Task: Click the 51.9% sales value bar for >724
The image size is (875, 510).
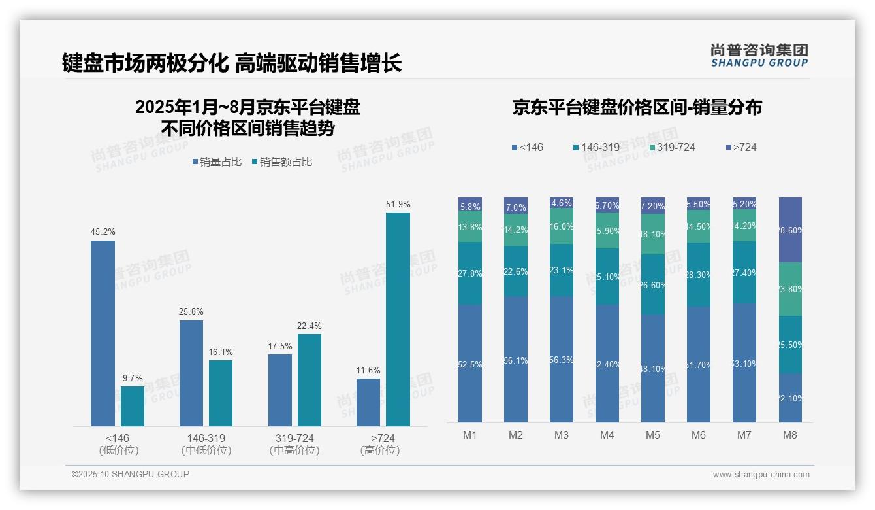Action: click(x=398, y=319)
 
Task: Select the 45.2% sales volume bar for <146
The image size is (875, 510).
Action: click(x=103, y=333)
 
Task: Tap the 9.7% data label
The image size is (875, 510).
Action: click(x=133, y=378)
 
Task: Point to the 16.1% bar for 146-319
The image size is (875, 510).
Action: click(x=221, y=393)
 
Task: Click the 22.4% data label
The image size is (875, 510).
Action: click(x=310, y=326)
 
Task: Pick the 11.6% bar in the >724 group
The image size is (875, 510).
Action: click(x=368, y=402)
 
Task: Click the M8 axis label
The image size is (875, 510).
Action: click(x=790, y=435)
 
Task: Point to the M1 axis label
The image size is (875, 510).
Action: click(x=470, y=435)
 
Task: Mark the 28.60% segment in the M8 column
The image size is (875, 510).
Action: click(x=790, y=230)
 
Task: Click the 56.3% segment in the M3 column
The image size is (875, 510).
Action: click(x=562, y=359)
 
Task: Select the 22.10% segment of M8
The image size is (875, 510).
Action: click(x=790, y=398)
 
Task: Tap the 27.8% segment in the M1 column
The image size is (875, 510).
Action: click(x=470, y=273)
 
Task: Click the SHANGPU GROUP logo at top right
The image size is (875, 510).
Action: click(x=759, y=56)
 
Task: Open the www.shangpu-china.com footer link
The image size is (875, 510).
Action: click(x=761, y=475)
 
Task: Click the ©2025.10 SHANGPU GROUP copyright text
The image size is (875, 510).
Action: click(x=131, y=474)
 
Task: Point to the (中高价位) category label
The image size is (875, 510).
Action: click(x=294, y=450)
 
